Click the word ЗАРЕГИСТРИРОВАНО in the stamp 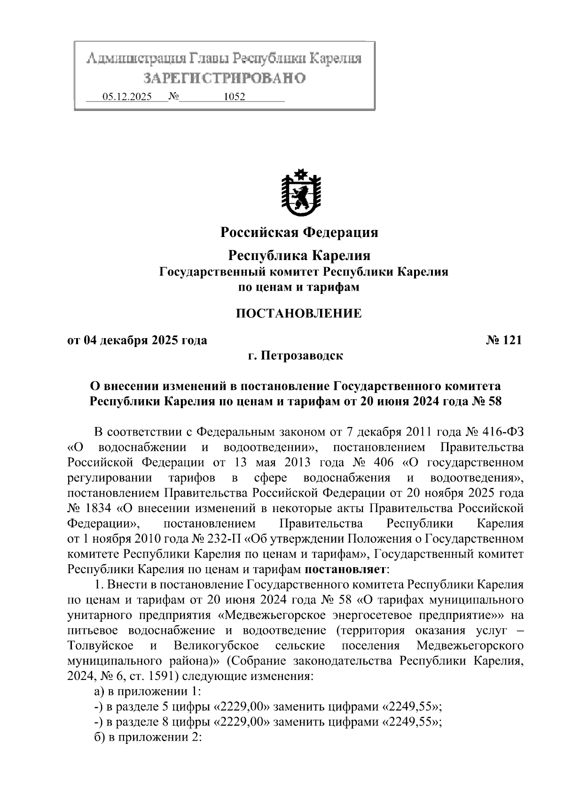[224, 78]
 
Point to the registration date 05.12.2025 [127, 97]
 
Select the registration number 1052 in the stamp [234, 97]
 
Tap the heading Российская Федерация [299, 232]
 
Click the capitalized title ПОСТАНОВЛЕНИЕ [299, 313]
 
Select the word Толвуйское [100, 645]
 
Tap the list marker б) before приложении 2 [100, 737]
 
